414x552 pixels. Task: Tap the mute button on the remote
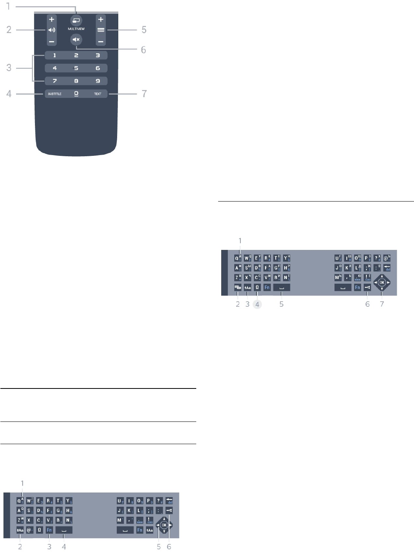point(76,39)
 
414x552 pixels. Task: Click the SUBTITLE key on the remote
point(55,94)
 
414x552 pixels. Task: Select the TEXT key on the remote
point(98,94)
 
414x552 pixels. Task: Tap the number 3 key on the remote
point(98,55)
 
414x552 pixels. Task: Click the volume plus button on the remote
point(52,19)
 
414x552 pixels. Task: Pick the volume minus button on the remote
point(52,41)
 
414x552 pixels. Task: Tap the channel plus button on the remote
point(101,19)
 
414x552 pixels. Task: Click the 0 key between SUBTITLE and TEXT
point(76,94)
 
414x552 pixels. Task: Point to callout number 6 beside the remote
point(144,50)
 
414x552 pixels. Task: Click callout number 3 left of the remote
point(9,68)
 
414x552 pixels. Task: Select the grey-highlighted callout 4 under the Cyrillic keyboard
point(257,304)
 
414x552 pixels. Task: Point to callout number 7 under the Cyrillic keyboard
point(382,304)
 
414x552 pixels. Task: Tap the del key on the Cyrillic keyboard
point(387,268)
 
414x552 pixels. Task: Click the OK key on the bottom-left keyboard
point(164,525)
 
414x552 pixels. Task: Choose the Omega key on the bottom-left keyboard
point(39,530)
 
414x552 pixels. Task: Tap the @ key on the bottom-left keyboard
point(29,530)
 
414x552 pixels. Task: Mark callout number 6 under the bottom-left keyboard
point(169,547)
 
